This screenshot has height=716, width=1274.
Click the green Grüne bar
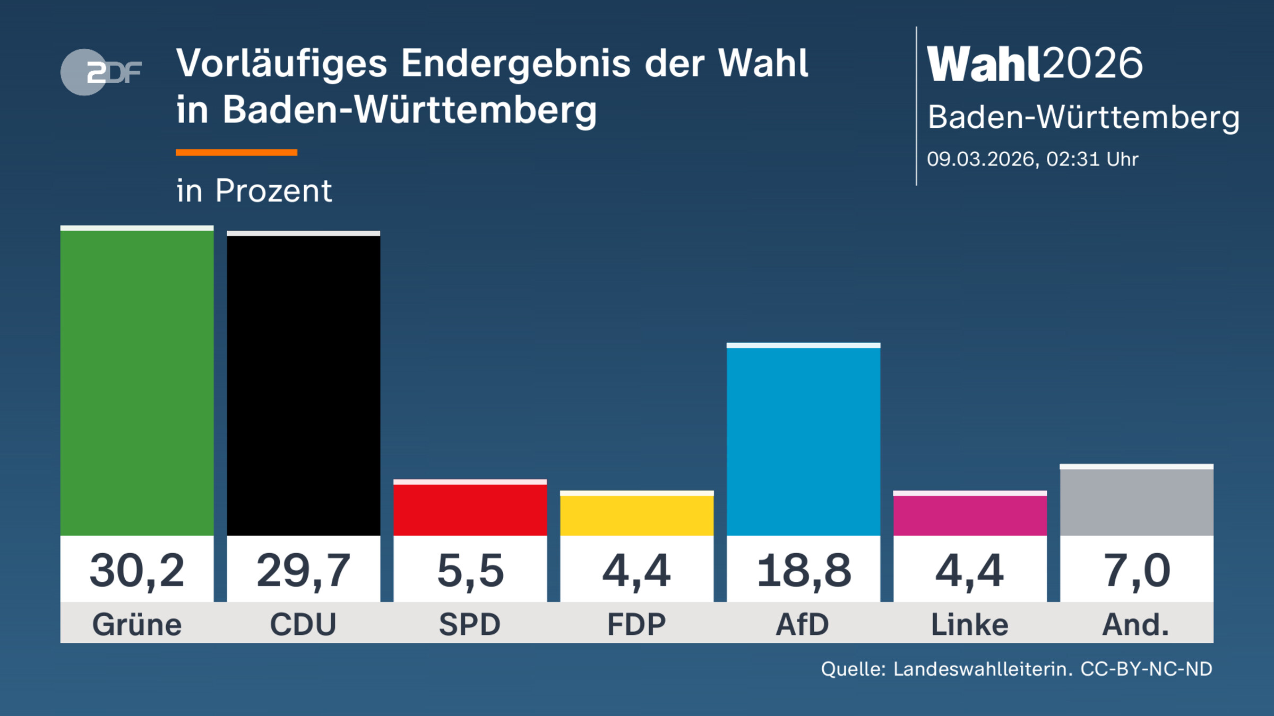click(137, 382)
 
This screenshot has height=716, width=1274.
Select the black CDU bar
click(303, 385)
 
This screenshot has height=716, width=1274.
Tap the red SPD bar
click(470, 509)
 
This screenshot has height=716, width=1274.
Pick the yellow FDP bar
click(636, 514)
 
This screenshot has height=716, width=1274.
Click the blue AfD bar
click(803, 440)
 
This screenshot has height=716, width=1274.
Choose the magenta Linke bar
click(970, 514)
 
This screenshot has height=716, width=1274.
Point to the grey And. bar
click(1137, 501)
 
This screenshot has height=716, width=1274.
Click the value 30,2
click(137, 571)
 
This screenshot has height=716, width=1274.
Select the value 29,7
click(303, 571)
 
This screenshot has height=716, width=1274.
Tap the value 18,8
click(803, 571)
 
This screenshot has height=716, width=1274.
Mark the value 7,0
click(1137, 571)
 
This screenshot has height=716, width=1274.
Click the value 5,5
click(470, 571)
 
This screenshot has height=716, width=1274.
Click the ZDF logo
click(101, 72)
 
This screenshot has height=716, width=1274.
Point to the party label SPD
click(470, 624)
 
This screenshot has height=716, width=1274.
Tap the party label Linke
click(970, 624)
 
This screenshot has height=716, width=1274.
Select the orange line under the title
click(236, 153)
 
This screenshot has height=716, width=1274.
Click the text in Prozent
click(254, 190)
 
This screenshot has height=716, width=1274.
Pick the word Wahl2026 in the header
click(1034, 64)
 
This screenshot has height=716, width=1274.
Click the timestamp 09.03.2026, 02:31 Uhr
click(1032, 159)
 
